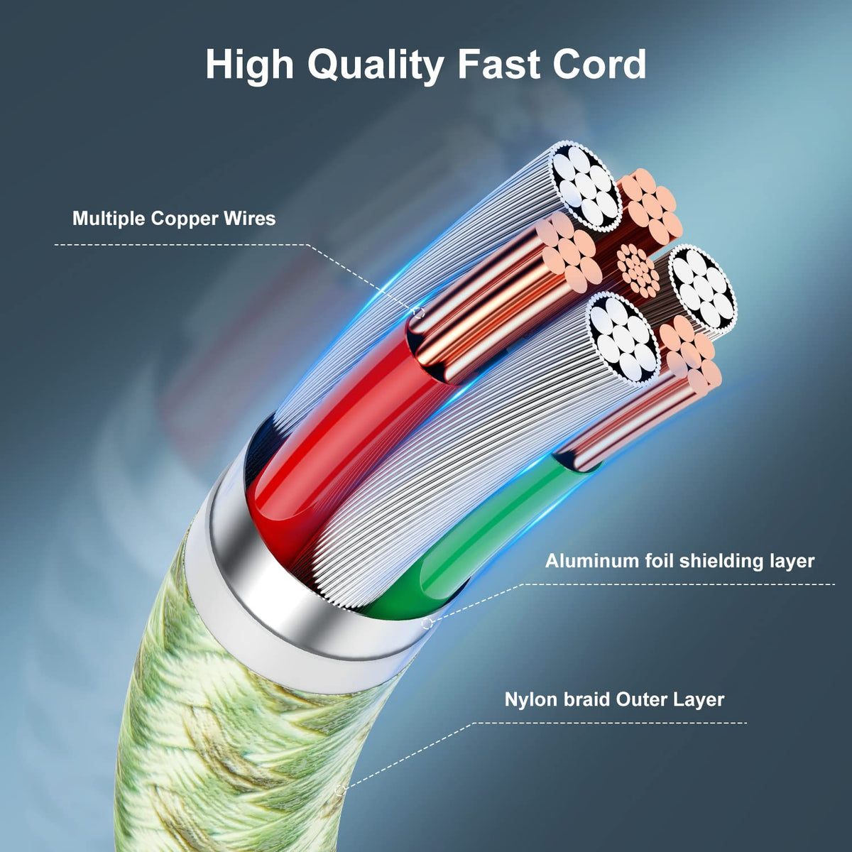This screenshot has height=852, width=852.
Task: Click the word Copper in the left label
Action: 185,218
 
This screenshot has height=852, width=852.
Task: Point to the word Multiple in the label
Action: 109,218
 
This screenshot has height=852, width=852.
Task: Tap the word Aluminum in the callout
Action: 592,561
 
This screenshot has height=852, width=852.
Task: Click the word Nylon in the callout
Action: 530,699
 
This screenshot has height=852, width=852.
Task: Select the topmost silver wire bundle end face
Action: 584,186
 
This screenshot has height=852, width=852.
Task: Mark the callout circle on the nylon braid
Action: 341,789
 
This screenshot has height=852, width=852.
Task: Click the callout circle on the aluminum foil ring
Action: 427,623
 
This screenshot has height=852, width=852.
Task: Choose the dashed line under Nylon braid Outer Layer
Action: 611,723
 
